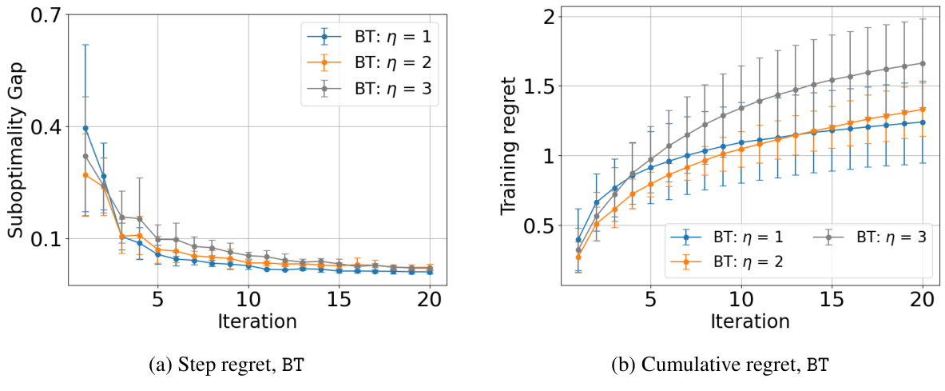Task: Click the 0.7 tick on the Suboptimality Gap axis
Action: pos(50,17)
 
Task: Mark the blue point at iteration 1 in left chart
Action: pos(85,128)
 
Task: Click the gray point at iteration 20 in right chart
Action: pos(922,64)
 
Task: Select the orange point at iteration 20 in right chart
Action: pos(922,110)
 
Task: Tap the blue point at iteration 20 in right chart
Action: pos(922,122)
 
